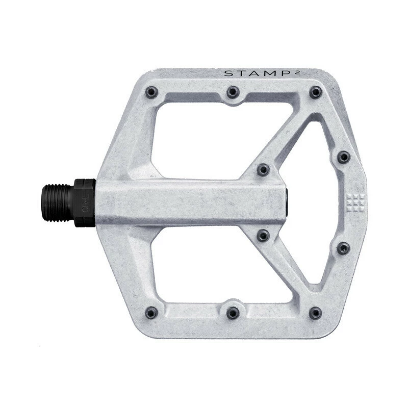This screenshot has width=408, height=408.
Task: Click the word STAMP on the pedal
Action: click(x=258, y=73)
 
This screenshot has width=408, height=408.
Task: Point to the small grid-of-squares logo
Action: click(x=355, y=202)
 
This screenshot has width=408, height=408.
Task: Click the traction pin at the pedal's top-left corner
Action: click(x=151, y=92)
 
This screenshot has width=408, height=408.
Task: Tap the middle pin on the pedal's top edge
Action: click(x=233, y=92)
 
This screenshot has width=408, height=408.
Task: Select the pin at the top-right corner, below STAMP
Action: click(x=316, y=92)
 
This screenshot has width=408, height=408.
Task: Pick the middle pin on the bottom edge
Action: click(x=233, y=313)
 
